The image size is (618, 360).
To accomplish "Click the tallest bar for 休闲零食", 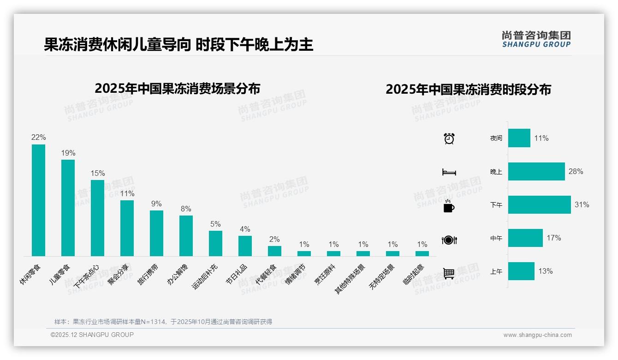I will point(38,200).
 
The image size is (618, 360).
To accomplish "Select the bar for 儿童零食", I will point(68,208).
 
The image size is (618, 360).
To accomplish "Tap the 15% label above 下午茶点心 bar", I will point(97,174).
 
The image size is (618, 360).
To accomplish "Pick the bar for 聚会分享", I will point(127,228).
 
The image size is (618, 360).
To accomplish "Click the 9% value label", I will point(156,204).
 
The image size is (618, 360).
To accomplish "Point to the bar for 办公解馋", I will point(186,235).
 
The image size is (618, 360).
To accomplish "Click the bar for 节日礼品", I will point(245,246).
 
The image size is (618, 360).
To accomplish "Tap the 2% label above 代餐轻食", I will point(274,239).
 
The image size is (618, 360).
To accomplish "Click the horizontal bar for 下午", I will point(539,204).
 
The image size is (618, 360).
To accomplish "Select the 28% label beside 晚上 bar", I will point(576,172).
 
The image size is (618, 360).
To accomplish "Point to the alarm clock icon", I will point(449,138).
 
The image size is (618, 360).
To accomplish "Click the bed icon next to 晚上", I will point(449,172).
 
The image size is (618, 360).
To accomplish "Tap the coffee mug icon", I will point(449,206).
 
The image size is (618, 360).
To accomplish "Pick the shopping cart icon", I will point(449,273).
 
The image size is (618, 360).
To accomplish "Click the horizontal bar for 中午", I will point(525,238).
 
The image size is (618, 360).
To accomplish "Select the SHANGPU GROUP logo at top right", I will point(536,39).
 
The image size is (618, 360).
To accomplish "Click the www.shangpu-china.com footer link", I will point(537,335).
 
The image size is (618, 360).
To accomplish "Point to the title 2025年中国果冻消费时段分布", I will point(468,90).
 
